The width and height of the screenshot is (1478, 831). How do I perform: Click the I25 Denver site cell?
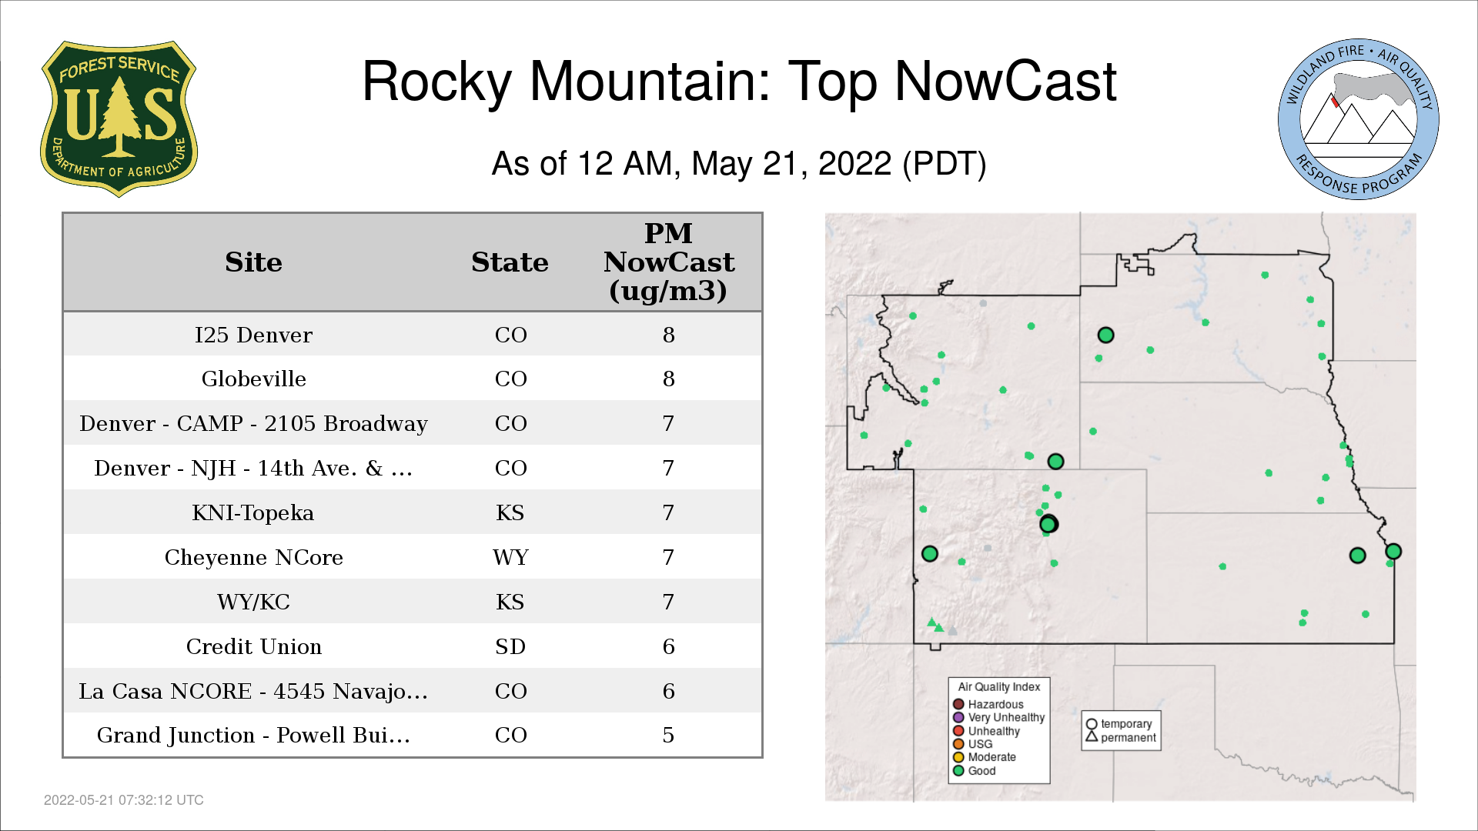tap(253, 335)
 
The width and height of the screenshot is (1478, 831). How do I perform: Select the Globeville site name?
tap(253, 379)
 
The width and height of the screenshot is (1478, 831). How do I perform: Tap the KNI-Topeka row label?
tap(253, 512)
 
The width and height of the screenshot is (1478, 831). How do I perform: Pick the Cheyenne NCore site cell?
tap(253, 557)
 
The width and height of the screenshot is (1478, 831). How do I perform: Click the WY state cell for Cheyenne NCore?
tap(510, 557)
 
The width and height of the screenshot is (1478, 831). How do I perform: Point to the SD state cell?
tap(510, 646)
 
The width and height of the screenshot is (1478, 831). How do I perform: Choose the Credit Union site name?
tap(253, 646)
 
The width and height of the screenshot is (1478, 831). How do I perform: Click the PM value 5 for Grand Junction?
tap(668, 735)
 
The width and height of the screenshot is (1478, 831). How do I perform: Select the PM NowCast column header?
tap(668, 262)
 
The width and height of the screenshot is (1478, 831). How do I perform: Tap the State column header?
tap(510, 262)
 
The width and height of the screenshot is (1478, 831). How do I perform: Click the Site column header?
tap(253, 262)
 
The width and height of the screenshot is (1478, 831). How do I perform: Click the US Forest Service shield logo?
tap(119, 118)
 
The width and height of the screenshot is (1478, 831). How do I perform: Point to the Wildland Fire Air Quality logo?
tap(1359, 119)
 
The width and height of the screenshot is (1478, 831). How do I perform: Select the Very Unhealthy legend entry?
tap(998, 717)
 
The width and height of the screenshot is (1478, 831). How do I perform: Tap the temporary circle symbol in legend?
tap(1091, 724)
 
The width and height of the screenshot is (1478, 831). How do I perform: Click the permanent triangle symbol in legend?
tap(1091, 736)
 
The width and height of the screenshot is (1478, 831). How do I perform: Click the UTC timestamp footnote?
tap(124, 800)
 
